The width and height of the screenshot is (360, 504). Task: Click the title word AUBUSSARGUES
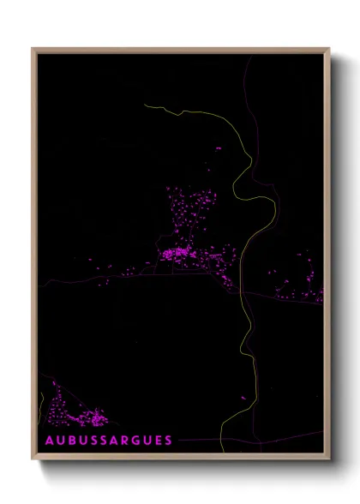click(109, 440)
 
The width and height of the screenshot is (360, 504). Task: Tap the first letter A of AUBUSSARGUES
click(49, 440)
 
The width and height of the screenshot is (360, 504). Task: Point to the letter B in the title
click(72, 440)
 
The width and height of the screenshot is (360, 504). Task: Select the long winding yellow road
click(249, 257)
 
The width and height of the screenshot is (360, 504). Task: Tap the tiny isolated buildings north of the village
click(216, 148)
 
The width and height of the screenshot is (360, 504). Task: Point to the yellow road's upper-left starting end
click(146, 105)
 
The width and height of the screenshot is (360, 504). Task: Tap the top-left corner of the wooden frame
click(33, 50)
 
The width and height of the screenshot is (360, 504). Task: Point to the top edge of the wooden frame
click(180, 50)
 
